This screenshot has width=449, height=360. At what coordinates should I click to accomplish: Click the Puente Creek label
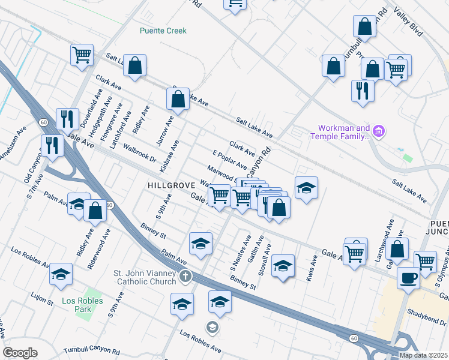pyautogui.click(x=163, y=31)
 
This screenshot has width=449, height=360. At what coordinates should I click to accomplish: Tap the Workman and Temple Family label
pyautogui.click(x=340, y=133)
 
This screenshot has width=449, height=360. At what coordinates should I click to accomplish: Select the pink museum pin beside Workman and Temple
pyautogui.click(x=378, y=130)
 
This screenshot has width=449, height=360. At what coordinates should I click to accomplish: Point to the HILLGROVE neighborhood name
pyautogui.click(x=169, y=186)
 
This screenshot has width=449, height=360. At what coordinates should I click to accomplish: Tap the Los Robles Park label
pyautogui.click(x=82, y=305)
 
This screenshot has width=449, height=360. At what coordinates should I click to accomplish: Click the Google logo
pyautogui.click(x=20, y=353)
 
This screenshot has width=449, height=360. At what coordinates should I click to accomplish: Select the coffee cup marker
pyautogui.click(x=408, y=278)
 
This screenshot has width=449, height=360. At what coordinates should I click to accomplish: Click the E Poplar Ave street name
pyautogui.click(x=229, y=158)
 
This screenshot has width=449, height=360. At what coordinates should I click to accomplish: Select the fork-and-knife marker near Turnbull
pyautogui.click(x=363, y=90)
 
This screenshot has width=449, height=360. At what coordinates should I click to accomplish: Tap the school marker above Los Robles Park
pyautogui.click(x=60, y=274)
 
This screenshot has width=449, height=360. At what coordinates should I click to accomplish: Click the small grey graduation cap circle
pyautogui.click(x=211, y=327)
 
